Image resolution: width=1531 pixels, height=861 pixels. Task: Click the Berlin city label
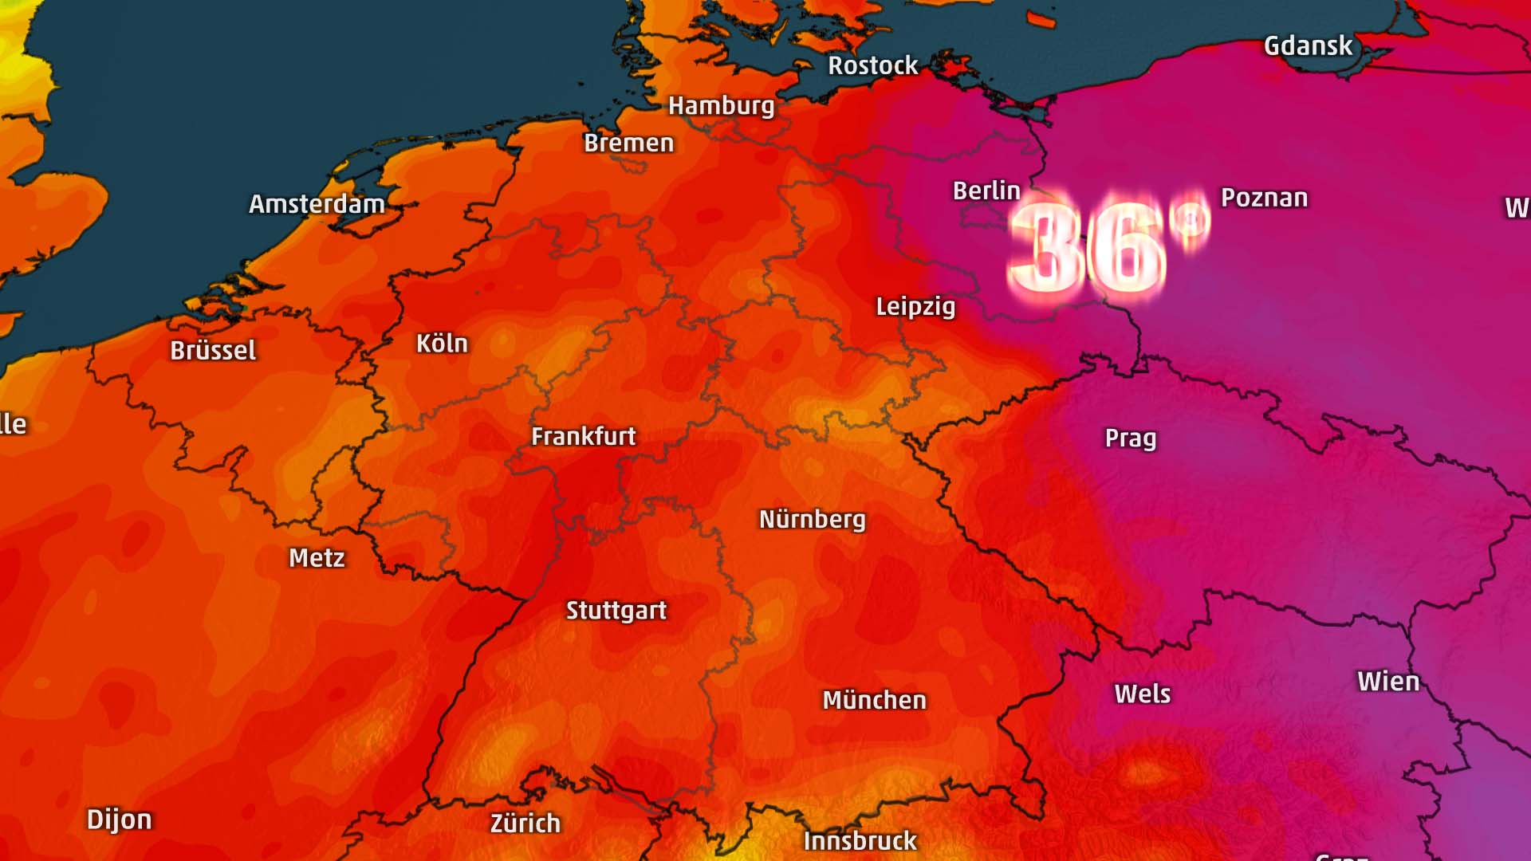[986, 191]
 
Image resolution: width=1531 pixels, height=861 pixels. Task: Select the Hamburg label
[721, 106]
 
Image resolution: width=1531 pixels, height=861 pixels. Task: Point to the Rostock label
[872, 65]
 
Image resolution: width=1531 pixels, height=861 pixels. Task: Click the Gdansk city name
[1308, 46]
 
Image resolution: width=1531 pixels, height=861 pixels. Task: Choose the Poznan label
[1264, 198]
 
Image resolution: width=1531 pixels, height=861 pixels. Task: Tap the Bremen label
[628, 143]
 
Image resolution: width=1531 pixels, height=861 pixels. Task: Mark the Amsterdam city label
[317, 204]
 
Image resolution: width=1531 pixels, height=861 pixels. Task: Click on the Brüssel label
[213, 351]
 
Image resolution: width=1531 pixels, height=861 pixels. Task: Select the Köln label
[442, 344]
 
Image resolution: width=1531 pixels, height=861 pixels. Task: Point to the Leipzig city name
[915, 307]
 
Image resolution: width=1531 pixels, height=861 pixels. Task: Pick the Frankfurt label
[584, 437]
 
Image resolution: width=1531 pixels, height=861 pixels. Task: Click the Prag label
[1130, 438]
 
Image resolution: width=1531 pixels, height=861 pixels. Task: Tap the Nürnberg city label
[812, 520]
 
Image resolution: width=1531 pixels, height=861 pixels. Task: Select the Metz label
[317, 558]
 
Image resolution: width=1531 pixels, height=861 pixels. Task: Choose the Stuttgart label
[616, 611]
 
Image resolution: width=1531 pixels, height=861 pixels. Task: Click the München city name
[874, 701]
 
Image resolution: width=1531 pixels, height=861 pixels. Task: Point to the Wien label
[1388, 682]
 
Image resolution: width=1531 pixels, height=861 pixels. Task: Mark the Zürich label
[525, 824]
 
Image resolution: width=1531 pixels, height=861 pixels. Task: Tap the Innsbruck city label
[860, 841]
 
